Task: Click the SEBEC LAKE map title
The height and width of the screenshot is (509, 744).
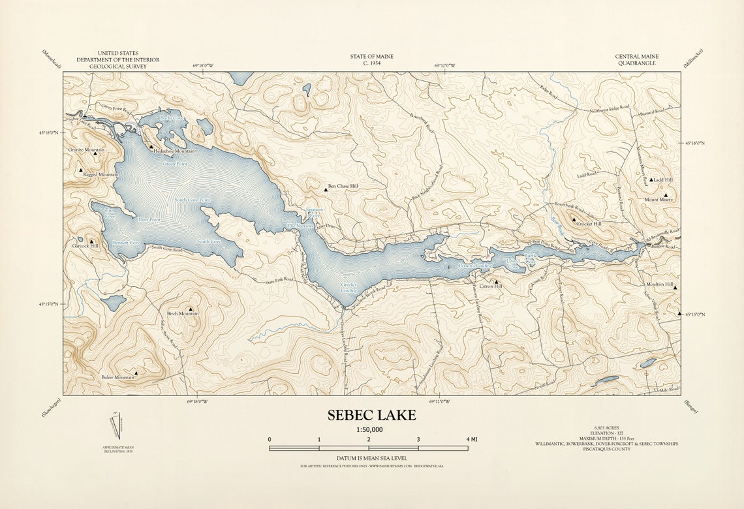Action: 371,416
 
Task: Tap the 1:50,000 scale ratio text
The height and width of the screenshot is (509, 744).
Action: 369,429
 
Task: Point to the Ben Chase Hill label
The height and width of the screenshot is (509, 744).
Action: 343,186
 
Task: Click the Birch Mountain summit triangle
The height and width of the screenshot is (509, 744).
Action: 191,309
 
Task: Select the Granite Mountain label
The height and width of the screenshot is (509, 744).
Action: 86,149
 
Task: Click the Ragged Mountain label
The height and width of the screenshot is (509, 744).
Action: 100,175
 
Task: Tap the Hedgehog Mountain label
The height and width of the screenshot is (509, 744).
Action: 174,151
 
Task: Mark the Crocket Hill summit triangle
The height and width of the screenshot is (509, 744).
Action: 574,220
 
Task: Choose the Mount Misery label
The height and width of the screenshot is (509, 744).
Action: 659,200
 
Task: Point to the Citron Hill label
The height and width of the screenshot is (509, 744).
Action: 491,286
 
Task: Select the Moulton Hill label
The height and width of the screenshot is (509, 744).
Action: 659,285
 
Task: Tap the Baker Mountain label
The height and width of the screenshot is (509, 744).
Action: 117,377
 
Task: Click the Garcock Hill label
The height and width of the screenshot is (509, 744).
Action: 85,246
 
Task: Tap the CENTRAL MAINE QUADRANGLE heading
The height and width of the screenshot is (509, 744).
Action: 636,60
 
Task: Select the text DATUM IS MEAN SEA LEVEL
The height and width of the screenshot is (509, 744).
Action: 368,459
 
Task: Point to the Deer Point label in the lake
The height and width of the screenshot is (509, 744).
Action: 149,220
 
